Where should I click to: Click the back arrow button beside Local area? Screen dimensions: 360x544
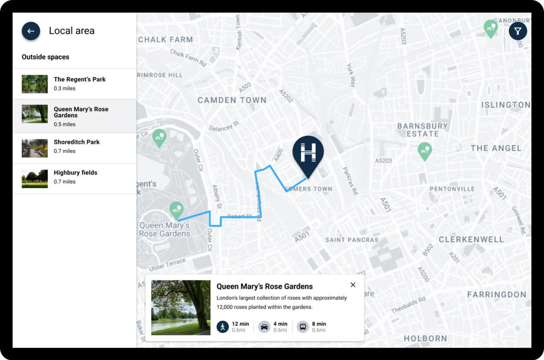coord(31,31)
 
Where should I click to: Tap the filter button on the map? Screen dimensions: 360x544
coord(518,31)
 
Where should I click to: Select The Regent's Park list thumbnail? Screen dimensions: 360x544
coord(35,84)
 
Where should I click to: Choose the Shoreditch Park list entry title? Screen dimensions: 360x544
coord(77,142)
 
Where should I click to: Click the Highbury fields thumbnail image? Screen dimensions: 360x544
coord(35,179)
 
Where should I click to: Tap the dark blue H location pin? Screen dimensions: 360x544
coord(308,154)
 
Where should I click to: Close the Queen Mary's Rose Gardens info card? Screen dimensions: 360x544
coord(353,285)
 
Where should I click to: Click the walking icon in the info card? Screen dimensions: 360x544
coord(222,327)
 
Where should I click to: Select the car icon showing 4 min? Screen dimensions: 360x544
coord(264,327)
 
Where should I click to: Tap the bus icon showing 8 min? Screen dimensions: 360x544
coord(302,327)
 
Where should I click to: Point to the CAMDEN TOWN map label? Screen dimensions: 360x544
coord(232,100)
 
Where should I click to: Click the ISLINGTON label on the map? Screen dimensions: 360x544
coord(505,105)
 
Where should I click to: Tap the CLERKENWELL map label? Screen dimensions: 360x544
coord(471,239)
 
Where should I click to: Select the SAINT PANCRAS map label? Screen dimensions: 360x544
coord(352,240)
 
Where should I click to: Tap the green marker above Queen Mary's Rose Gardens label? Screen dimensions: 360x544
coord(176,210)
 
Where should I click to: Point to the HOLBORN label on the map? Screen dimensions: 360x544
coord(425,339)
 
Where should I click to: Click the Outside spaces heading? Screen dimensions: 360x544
coord(46,57)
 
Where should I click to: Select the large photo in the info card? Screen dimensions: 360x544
coord(181,307)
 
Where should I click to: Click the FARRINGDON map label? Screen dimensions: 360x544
coord(496,295)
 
